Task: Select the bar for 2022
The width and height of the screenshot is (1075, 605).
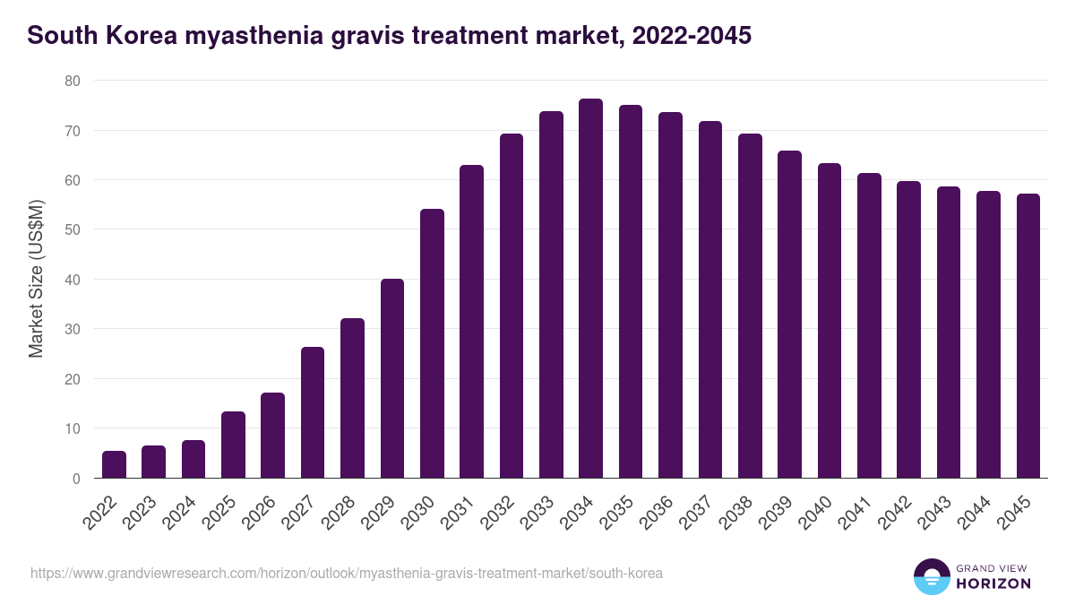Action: (114, 464)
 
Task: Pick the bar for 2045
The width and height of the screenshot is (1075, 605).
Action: (1028, 336)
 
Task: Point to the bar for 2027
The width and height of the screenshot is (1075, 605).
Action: (313, 412)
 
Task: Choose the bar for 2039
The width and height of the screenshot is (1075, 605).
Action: (789, 315)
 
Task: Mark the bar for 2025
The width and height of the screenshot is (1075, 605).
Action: (233, 445)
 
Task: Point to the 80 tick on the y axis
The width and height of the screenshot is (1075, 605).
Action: (73, 81)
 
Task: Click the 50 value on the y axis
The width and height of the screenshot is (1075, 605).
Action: (73, 229)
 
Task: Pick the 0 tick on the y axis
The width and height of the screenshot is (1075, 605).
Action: (76, 479)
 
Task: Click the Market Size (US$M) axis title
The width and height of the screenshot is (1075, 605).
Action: (36, 279)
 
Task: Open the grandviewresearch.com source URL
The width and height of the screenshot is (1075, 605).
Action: (347, 573)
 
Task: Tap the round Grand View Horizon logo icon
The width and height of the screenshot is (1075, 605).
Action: (932, 576)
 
